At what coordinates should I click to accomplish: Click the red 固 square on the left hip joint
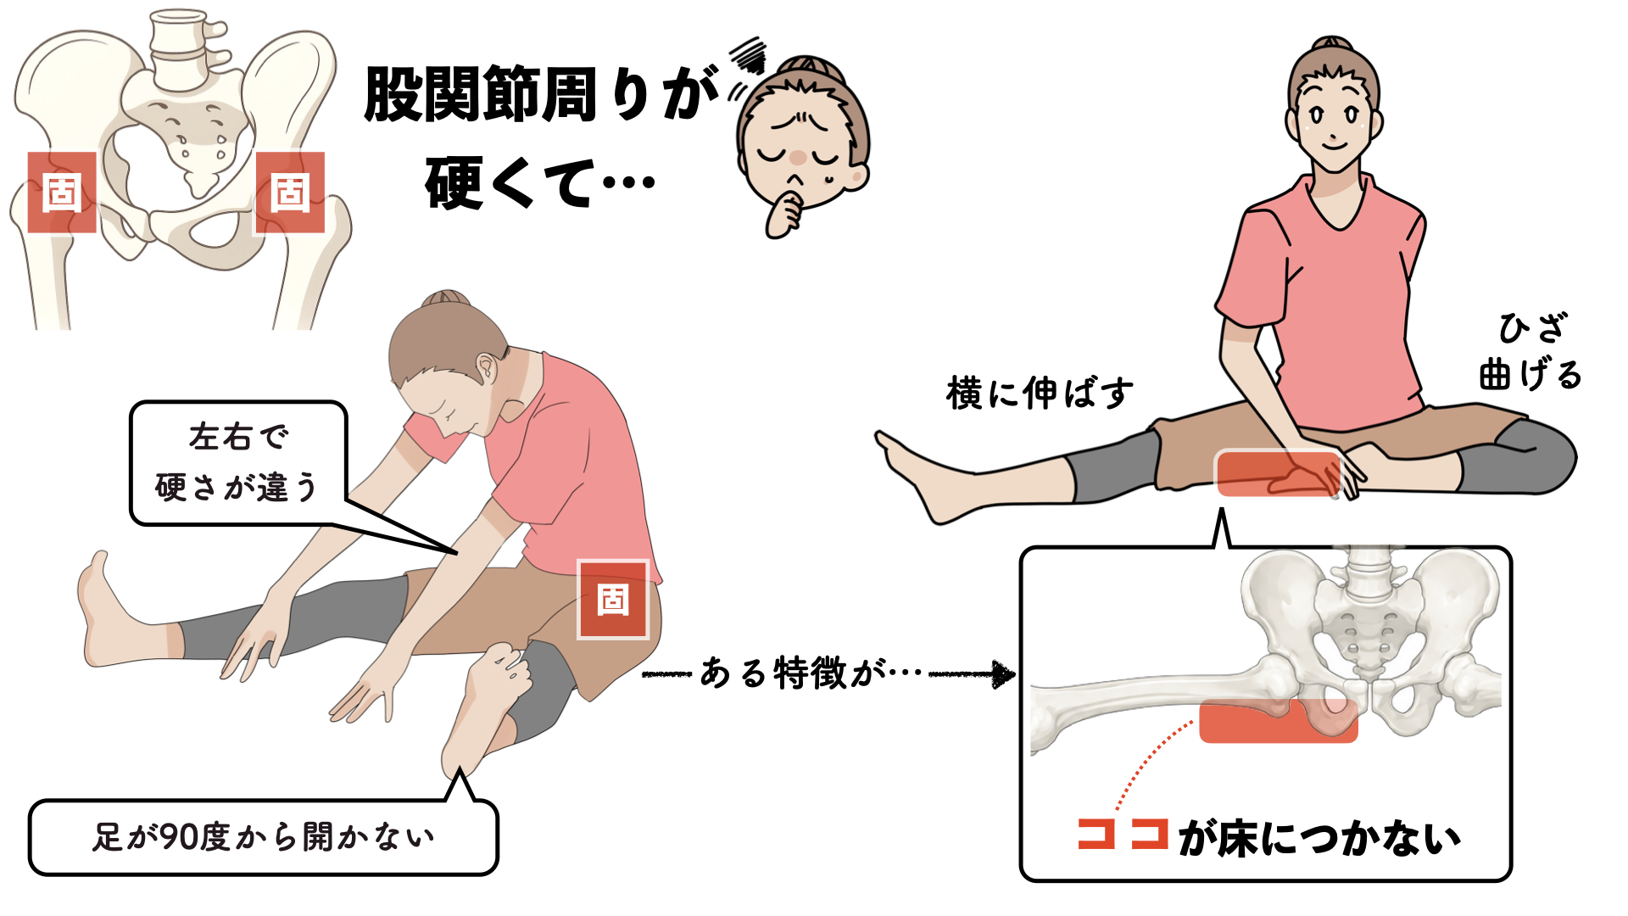coord(62,193)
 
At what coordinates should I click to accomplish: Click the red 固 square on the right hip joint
coord(290,193)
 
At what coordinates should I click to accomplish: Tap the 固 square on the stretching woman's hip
coord(613,600)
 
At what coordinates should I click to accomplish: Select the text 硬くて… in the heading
coord(540,182)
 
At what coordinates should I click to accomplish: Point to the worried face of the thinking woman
coord(801,144)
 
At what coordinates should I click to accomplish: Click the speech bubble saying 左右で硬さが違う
coord(238,463)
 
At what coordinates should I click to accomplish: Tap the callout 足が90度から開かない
coord(264,836)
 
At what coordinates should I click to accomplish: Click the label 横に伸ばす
coord(1040,394)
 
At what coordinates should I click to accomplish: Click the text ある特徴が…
coord(811,673)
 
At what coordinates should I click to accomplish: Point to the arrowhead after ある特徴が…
coord(1004,674)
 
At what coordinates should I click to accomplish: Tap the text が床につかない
coord(1319,838)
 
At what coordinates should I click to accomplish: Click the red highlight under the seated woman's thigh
coord(1279,473)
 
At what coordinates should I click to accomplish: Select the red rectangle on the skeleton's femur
coord(1279,721)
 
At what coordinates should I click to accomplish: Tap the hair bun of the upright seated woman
coord(1332,44)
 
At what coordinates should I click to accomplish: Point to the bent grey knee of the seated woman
coord(1522,458)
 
